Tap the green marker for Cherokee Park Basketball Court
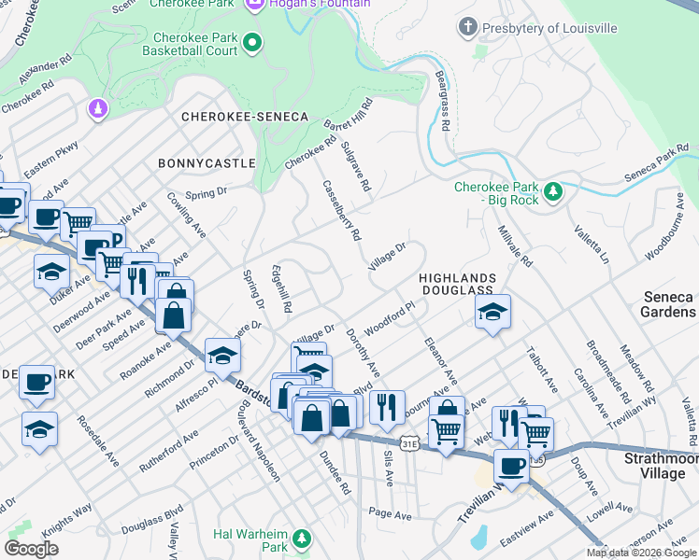tap(251, 42)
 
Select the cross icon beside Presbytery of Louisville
tap(468, 27)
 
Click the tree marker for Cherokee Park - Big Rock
tap(554, 192)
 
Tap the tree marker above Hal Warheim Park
tap(301, 539)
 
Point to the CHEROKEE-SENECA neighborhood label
tap(244, 117)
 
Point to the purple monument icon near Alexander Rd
tap(96, 110)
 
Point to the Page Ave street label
tap(390, 513)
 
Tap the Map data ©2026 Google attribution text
tap(640, 553)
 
